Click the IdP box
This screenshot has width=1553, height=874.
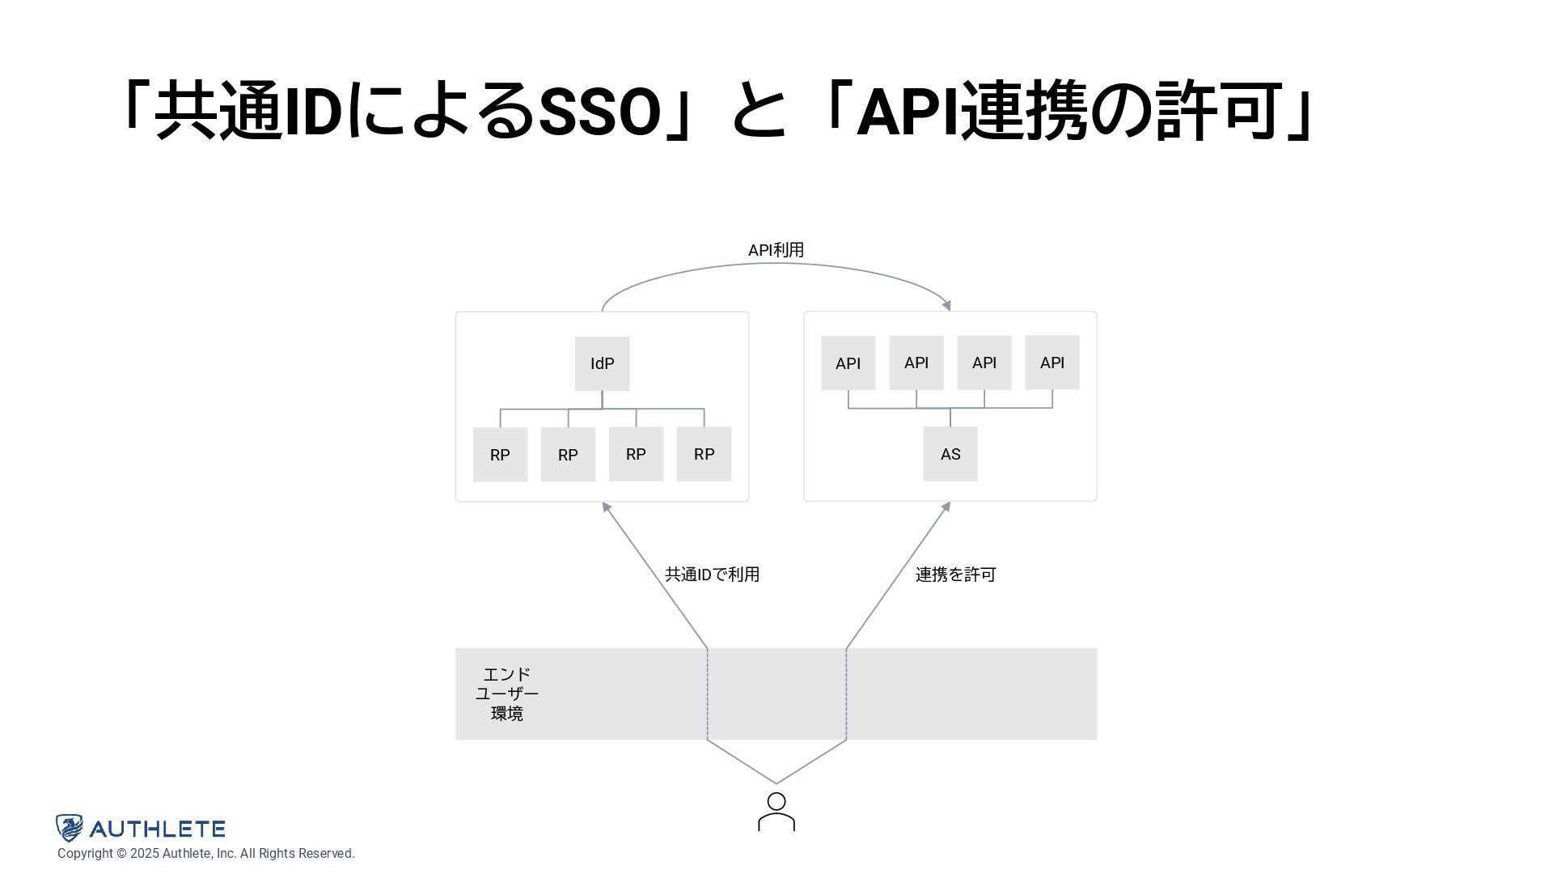pyautogui.click(x=602, y=363)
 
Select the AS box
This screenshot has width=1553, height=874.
pyautogui.click(x=950, y=454)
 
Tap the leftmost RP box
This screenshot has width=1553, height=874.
pyautogui.click(x=500, y=455)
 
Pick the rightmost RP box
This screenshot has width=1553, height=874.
pyautogui.click(x=704, y=454)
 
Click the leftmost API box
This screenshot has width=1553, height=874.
pyautogui.click(x=848, y=363)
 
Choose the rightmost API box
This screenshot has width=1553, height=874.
pyautogui.click(x=1052, y=363)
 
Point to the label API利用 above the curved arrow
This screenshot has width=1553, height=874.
pyautogui.click(x=776, y=250)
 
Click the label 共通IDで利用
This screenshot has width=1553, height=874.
pyautogui.click(x=712, y=575)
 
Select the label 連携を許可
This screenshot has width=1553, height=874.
pyautogui.click(x=955, y=575)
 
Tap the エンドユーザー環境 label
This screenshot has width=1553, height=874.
pyautogui.click(x=507, y=694)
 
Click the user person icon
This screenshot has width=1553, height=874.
pyautogui.click(x=776, y=812)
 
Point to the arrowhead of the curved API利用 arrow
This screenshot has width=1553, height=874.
pyautogui.click(x=946, y=305)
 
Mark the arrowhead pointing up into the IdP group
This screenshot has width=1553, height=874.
pyautogui.click(x=606, y=507)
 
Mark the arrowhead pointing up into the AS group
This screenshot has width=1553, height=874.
pyautogui.click(x=946, y=507)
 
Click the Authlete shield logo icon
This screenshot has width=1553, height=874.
pyautogui.click(x=70, y=828)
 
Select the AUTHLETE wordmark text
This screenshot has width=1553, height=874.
pyautogui.click(x=157, y=829)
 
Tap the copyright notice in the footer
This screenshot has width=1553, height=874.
pyautogui.click(x=205, y=854)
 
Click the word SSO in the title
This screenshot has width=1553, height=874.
pyautogui.click(x=599, y=112)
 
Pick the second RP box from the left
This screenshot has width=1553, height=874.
pyautogui.click(x=568, y=455)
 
